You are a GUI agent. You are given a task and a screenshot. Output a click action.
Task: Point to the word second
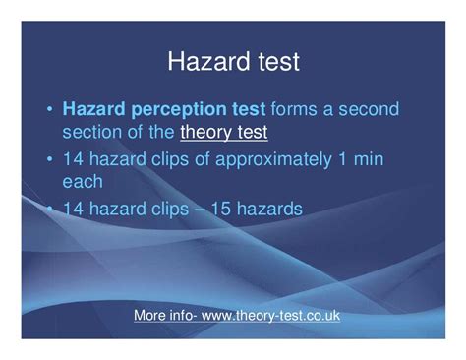tap(367, 108)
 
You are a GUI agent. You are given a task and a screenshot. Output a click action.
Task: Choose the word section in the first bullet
tap(95, 130)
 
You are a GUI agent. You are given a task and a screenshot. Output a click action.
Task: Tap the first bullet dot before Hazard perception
tap(48, 109)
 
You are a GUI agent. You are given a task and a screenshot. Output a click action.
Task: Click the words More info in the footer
tap(161, 317)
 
